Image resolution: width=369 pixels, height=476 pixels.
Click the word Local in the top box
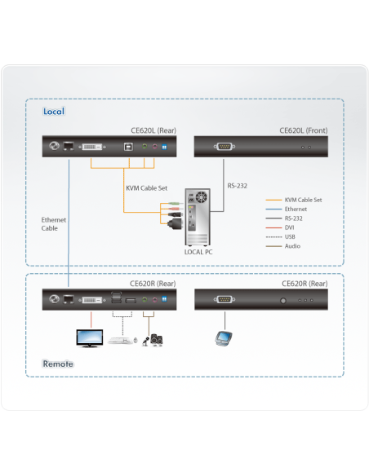point(54,111)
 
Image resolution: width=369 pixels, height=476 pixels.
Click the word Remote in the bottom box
point(57,364)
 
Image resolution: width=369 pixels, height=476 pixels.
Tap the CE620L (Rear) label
point(153,130)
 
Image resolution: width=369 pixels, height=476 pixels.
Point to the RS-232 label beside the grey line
point(237,186)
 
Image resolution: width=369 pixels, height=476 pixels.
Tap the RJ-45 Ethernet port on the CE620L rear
point(69,148)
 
